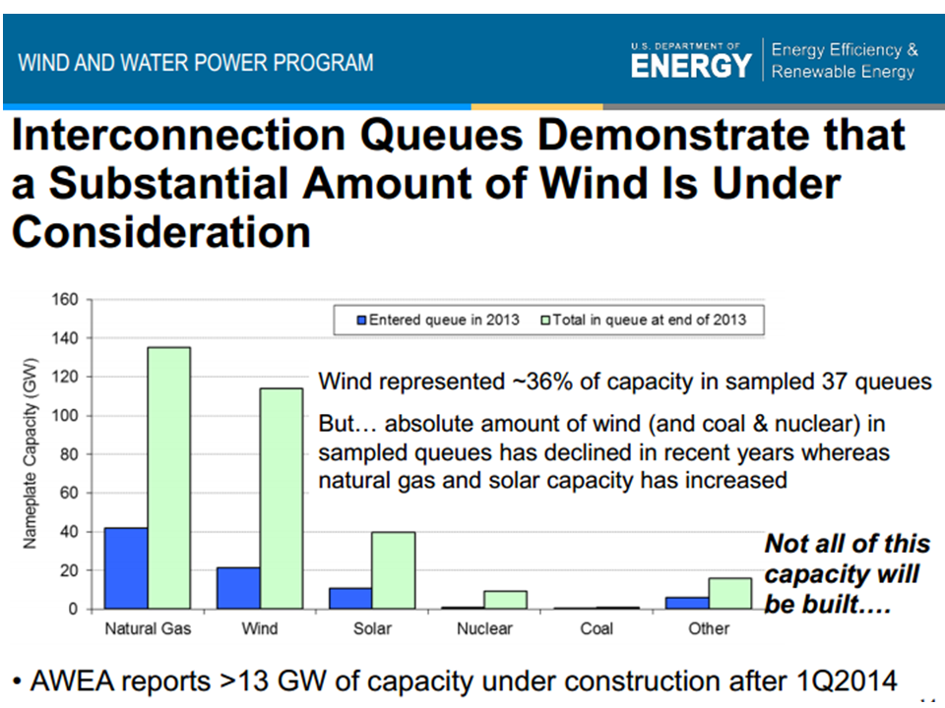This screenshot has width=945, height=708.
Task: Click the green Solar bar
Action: click(394, 570)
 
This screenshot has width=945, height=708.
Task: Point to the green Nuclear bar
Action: click(506, 600)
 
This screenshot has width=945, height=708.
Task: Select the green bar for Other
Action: click(730, 594)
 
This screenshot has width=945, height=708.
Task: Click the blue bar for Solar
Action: click(351, 599)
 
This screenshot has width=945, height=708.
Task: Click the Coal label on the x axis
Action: click(597, 628)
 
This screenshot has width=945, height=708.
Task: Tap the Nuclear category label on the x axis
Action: click(484, 628)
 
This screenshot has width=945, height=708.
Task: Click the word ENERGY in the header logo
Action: click(690, 66)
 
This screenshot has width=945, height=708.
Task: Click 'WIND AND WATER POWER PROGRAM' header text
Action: click(196, 63)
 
